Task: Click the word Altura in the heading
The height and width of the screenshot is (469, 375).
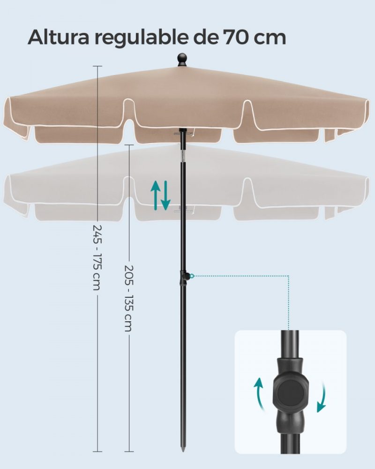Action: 59,37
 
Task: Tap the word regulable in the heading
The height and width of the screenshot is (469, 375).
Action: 142,39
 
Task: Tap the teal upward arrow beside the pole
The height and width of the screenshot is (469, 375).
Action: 155,195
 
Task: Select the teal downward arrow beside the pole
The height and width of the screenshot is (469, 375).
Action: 165,195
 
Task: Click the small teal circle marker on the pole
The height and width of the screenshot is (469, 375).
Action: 192,275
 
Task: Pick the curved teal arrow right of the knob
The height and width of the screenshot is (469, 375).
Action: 322,397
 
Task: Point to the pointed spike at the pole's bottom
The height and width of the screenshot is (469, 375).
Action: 183,447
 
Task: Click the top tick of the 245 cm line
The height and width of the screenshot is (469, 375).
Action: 97,66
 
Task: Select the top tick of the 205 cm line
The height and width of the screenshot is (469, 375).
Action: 129,145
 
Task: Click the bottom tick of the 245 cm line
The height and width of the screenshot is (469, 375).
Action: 97,452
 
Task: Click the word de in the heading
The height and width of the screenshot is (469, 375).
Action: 205,38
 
